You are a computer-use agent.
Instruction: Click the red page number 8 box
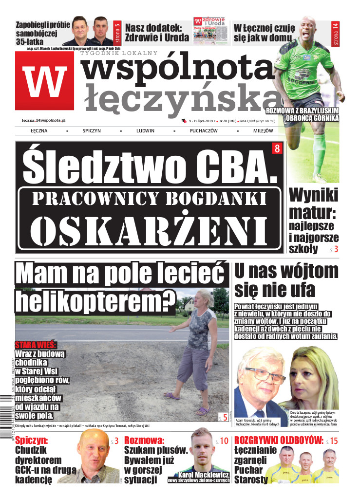coord(277,148)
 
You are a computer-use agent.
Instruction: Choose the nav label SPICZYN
coord(92,131)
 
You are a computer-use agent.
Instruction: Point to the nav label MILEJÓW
coord(263,131)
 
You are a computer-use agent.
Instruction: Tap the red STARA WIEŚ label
coord(36,345)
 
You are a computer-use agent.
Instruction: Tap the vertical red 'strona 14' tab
coord(335,34)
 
